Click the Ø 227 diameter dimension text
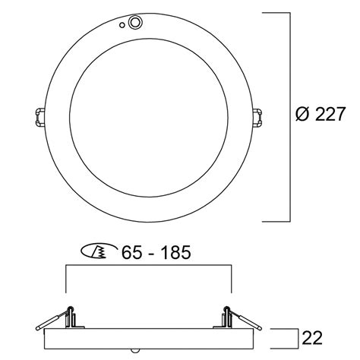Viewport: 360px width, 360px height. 320,114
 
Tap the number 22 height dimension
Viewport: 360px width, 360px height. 312,338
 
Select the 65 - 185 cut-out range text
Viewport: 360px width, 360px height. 156,252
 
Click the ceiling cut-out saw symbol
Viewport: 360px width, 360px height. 99,251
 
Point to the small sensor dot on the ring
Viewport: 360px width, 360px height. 122,25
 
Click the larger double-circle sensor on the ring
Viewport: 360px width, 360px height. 135,23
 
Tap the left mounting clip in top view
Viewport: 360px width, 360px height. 39,117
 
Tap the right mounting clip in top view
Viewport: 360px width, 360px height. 257,117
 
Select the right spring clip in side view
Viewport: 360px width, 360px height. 238,318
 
